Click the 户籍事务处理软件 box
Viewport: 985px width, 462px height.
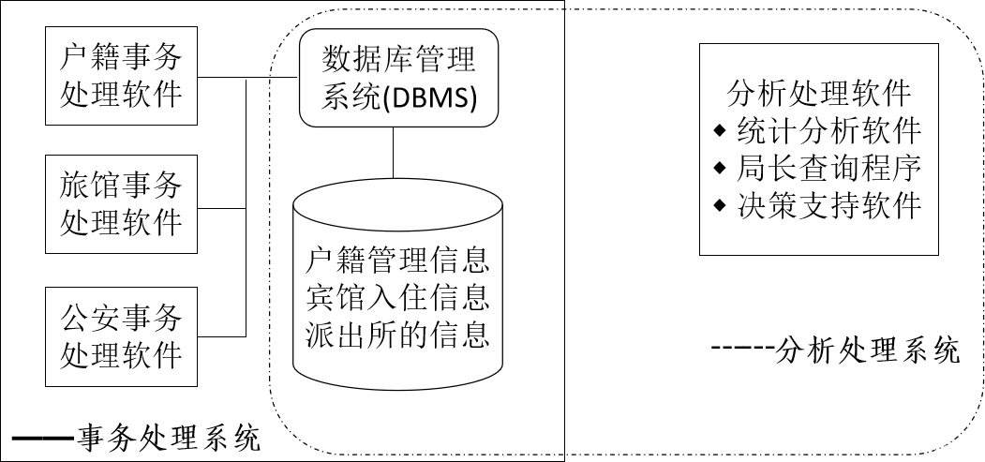tap(121, 75)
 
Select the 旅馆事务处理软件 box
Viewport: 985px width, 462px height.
tap(121, 203)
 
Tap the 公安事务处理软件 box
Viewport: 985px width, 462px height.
tap(121, 336)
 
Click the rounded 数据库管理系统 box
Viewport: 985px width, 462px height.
tap(399, 77)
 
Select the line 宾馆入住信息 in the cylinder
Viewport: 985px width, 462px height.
tap(398, 297)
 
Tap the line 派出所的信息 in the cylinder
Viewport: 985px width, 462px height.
tap(398, 335)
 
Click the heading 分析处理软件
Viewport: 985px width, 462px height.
tap(819, 93)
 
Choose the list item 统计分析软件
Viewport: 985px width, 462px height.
tap(830, 129)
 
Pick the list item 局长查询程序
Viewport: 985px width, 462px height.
tap(830, 168)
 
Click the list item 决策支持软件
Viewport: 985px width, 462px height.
tap(830, 205)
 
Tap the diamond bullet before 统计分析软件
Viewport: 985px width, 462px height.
tap(720, 128)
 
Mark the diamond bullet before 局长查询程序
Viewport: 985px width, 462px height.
tap(720, 167)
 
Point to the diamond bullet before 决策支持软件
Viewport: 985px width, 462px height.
tap(720, 204)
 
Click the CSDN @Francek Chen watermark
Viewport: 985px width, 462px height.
tap(888, 446)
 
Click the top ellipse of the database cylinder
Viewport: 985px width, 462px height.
tap(398, 199)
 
